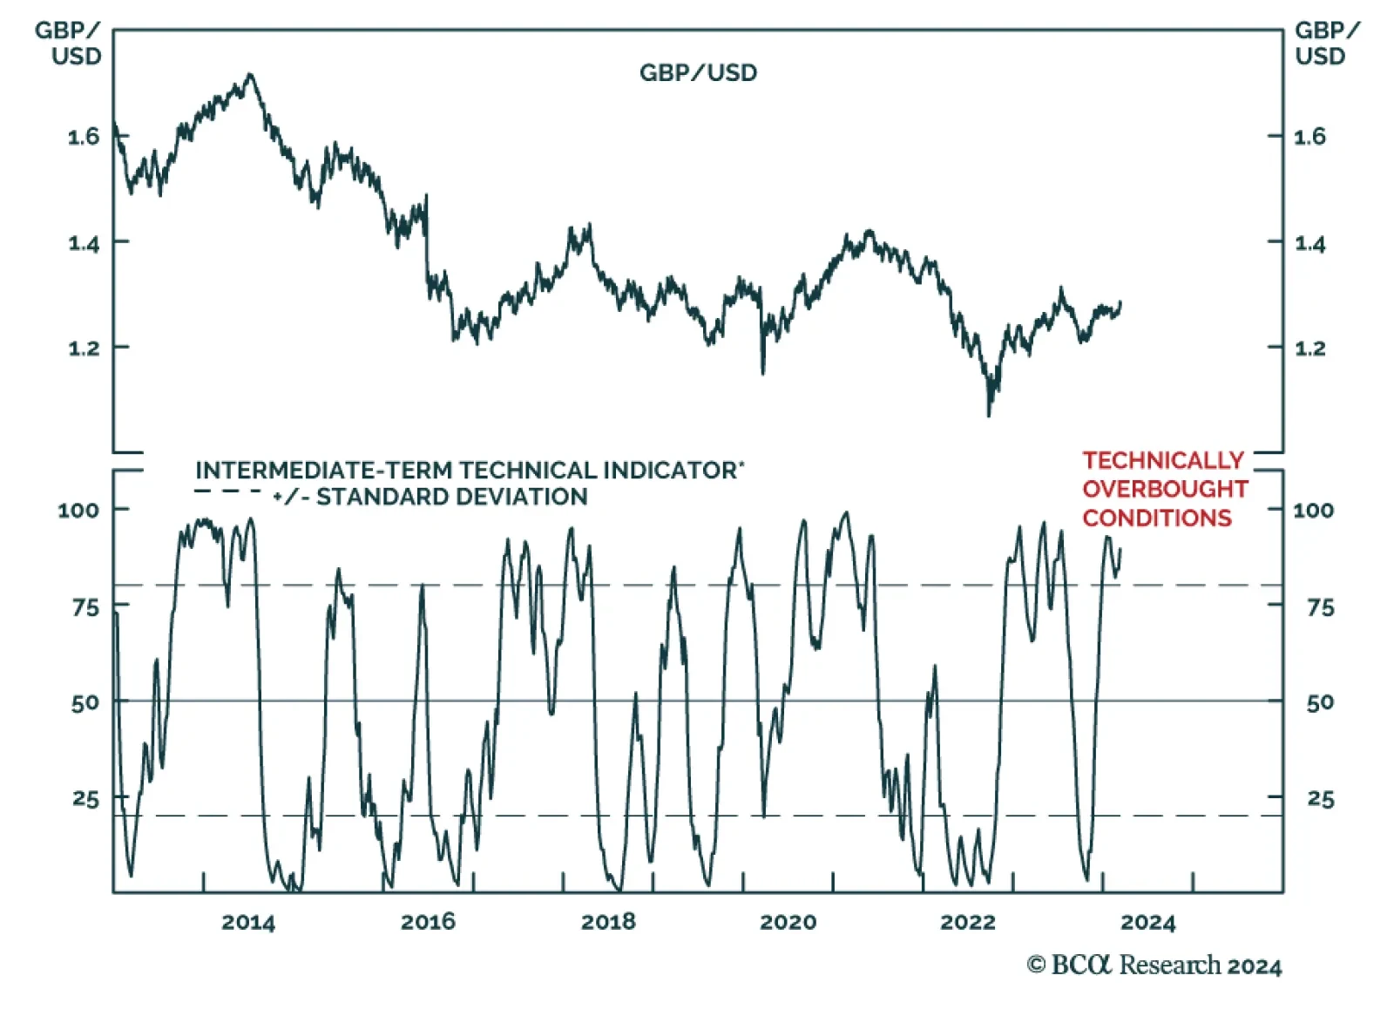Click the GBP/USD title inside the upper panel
[x=698, y=72]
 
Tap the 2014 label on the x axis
[x=248, y=922]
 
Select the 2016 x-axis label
[x=428, y=922]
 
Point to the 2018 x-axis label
[x=608, y=922]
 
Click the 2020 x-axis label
[x=788, y=922]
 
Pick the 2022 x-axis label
[x=967, y=922]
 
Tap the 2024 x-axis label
[x=1147, y=922]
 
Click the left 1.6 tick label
[x=84, y=137]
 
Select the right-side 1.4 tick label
[x=1309, y=243]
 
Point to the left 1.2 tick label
[x=84, y=349]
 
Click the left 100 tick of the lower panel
[x=78, y=510]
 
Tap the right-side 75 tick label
[x=1320, y=607]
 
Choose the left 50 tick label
[x=85, y=702]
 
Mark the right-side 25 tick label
[x=1320, y=799]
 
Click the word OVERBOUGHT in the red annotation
[x=1165, y=489]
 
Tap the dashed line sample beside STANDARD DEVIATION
[x=227, y=492]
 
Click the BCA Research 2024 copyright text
[x=1154, y=965]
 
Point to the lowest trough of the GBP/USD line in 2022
[x=989, y=415]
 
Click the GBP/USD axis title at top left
[x=68, y=43]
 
